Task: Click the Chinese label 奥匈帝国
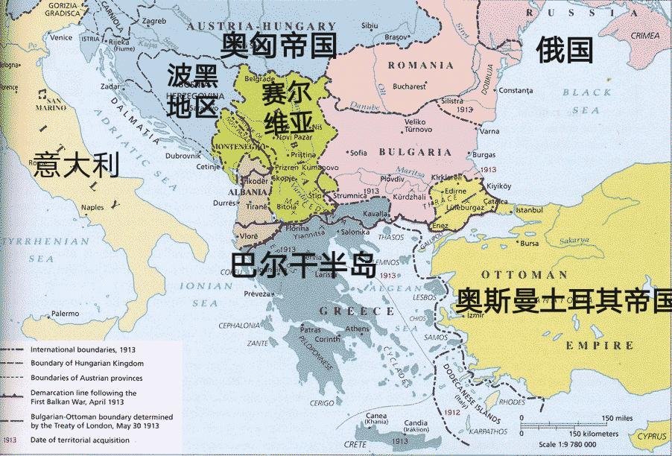click(279, 45)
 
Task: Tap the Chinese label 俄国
click(564, 50)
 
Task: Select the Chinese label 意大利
click(77, 165)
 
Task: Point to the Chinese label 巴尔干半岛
click(303, 265)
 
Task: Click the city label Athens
click(357, 329)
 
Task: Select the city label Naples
click(92, 207)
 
